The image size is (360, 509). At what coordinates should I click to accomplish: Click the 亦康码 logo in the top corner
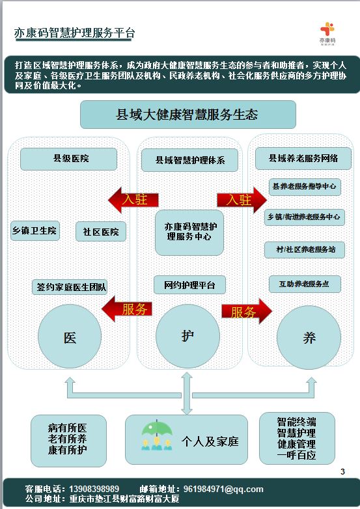[x=327, y=33]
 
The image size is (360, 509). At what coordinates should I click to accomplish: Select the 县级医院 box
[x=68, y=159]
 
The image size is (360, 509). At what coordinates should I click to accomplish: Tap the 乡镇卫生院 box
[x=35, y=231]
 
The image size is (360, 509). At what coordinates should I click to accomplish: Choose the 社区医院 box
[x=101, y=232]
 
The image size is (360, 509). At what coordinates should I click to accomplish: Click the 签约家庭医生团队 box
[x=70, y=287]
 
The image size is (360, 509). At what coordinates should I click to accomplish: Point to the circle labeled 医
[x=70, y=337]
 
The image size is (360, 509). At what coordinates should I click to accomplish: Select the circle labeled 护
[x=187, y=337]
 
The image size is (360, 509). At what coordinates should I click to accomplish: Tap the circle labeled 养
[x=309, y=338]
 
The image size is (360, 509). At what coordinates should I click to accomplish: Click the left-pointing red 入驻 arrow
[x=133, y=200]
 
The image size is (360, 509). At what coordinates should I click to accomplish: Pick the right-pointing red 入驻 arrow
[x=242, y=200]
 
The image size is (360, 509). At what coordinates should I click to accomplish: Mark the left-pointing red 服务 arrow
[x=127, y=309]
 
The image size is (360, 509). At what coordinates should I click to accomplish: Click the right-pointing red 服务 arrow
[x=247, y=312]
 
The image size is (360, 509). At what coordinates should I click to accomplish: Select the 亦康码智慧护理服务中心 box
[x=189, y=232]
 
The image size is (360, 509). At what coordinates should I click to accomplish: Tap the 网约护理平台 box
[x=189, y=285]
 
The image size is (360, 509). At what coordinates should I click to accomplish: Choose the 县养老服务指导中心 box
[x=305, y=187]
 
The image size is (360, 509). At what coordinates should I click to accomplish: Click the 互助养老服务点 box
[x=305, y=284]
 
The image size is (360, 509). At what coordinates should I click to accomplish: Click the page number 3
[x=342, y=472]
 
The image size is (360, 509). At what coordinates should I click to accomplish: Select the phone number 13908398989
[x=94, y=489]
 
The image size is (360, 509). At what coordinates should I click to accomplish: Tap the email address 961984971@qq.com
[x=223, y=489]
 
